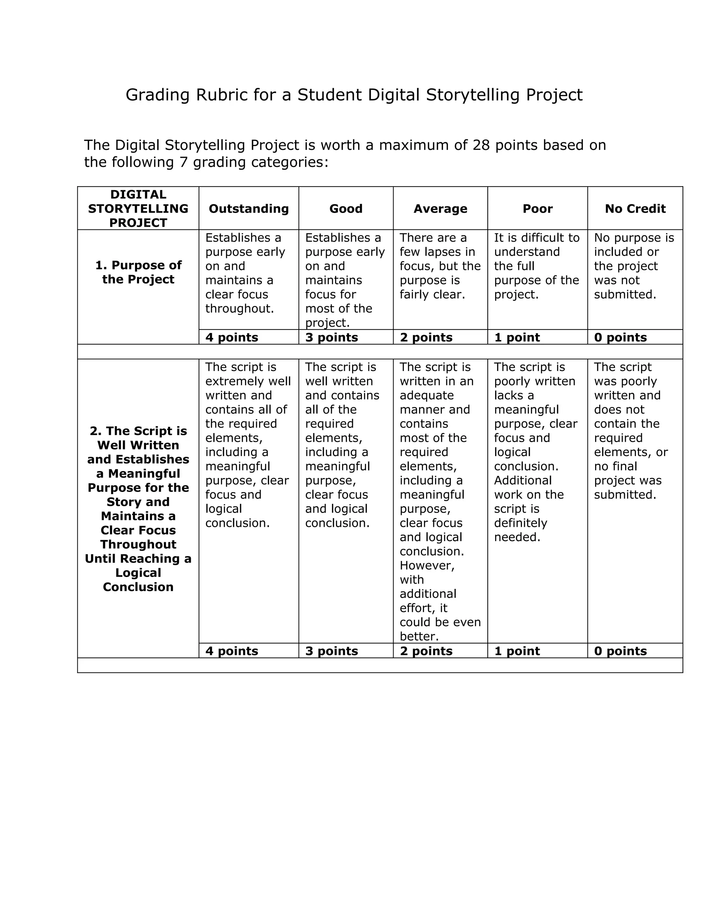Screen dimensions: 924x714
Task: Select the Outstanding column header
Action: (x=249, y=209)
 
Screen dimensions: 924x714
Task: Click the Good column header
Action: (x=345, y=209)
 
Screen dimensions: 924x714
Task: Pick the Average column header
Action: (x=440, y=209)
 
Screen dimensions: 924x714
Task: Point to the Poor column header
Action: (x=537, y=209)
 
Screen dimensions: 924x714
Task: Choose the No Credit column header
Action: (x=635, y=209)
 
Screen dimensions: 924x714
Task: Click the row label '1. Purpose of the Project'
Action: (x=138, y=272)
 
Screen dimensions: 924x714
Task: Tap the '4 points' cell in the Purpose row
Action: (x=232, y=337)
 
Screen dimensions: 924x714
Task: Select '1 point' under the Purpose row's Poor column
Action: (x=517, y=337)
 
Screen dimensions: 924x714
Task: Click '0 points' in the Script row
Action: (x=620, y=651)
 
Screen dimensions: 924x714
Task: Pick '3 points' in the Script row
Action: (x=332, y=651)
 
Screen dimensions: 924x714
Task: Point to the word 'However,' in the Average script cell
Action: (x=427, y=566)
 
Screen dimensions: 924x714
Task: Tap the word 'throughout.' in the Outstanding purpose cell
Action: (x=240, y=309)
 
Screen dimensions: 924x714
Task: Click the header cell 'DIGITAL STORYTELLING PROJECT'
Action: (x=138, y=209)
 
